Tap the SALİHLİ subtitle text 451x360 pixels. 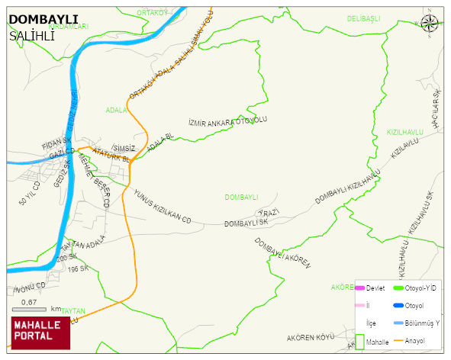pyautogui.click(x=32, y=35)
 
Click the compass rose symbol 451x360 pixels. pyautogui.click(x=430, y=24)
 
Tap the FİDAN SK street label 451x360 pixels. pyautogui.click(x=56, y=142)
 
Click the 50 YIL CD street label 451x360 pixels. pyautogui.click(x=29, y=194)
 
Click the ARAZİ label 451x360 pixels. pyautogui.click(x=269, y=211)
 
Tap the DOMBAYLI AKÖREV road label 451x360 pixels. pyautogui.click(x=283, y=252)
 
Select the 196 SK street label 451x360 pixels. pyautogui.click(x=78, y=269)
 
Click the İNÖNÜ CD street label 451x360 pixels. pyautogui.click(x=31, y=288)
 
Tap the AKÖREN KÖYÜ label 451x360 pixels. pyautogui.click(x=311, y=336)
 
